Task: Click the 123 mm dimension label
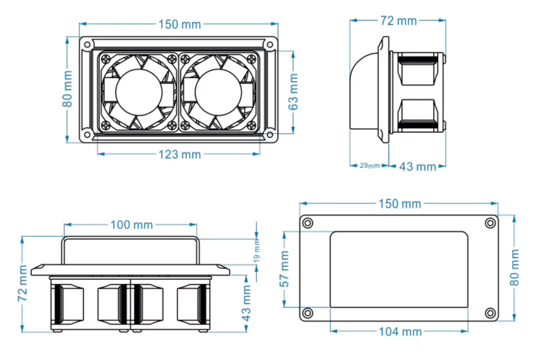(180, 154)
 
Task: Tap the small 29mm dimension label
(370, 165)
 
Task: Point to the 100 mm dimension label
(131, 224)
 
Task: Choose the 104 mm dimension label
(400, 331)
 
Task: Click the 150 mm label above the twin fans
(180, 24)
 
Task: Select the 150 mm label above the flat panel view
(400, 204)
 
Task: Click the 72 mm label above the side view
(399, 21)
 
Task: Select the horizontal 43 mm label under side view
(417, 167)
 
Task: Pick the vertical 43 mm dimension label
(246, 303)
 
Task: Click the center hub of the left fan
(138, 91)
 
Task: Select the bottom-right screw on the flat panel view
(490, 313)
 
